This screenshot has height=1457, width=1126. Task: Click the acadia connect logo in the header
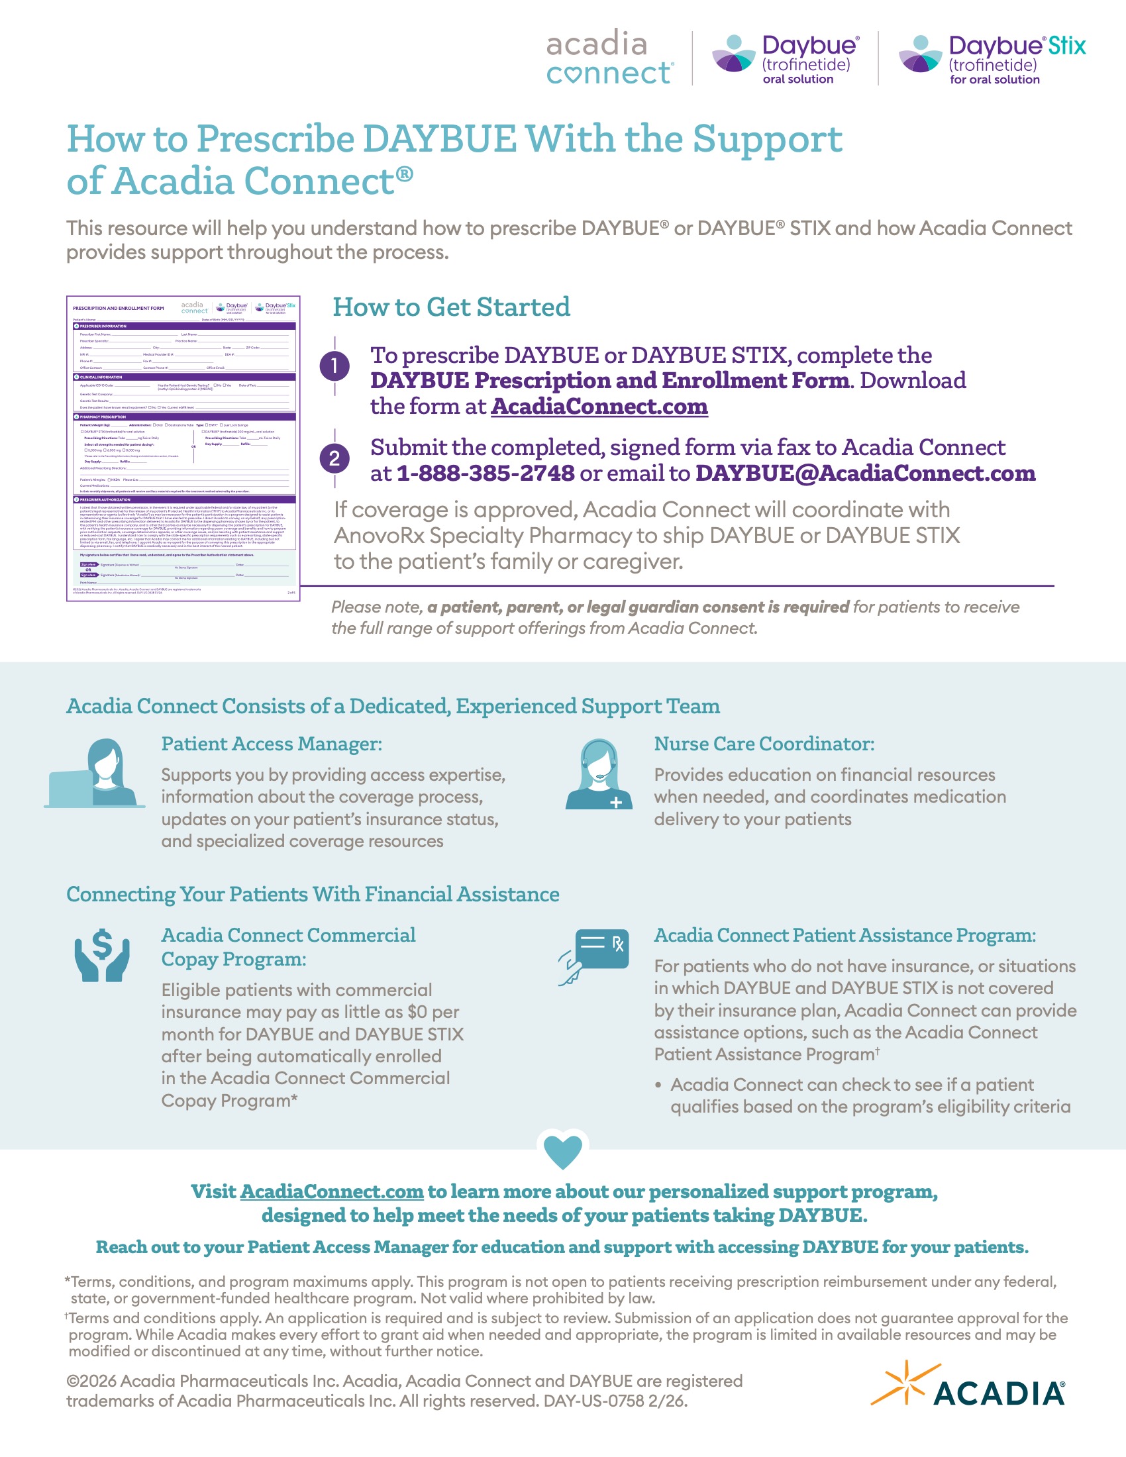(x=609, y=58)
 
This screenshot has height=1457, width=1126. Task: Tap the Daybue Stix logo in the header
(x=992, y=60)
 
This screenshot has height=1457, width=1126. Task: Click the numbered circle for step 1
(x=334, y=366)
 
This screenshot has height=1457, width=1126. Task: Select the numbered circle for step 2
(x=334, y=459)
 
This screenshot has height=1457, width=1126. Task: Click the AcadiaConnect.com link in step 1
(x=599, y=406)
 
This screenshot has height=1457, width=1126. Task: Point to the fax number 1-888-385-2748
(x=485, y=473)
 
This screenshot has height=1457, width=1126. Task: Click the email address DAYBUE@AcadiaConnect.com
(x=865, y=473)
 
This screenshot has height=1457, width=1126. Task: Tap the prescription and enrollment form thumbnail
(x=183, y=448)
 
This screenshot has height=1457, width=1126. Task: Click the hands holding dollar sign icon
(x=101, y=954)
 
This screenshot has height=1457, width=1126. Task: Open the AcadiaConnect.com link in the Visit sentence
(x=332, y=1191)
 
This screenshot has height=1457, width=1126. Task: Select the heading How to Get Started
(x=451, y=307)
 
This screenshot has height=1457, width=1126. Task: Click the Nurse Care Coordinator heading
(x=764, y=744)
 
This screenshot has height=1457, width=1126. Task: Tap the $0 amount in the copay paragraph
(x=417, y=1012)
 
